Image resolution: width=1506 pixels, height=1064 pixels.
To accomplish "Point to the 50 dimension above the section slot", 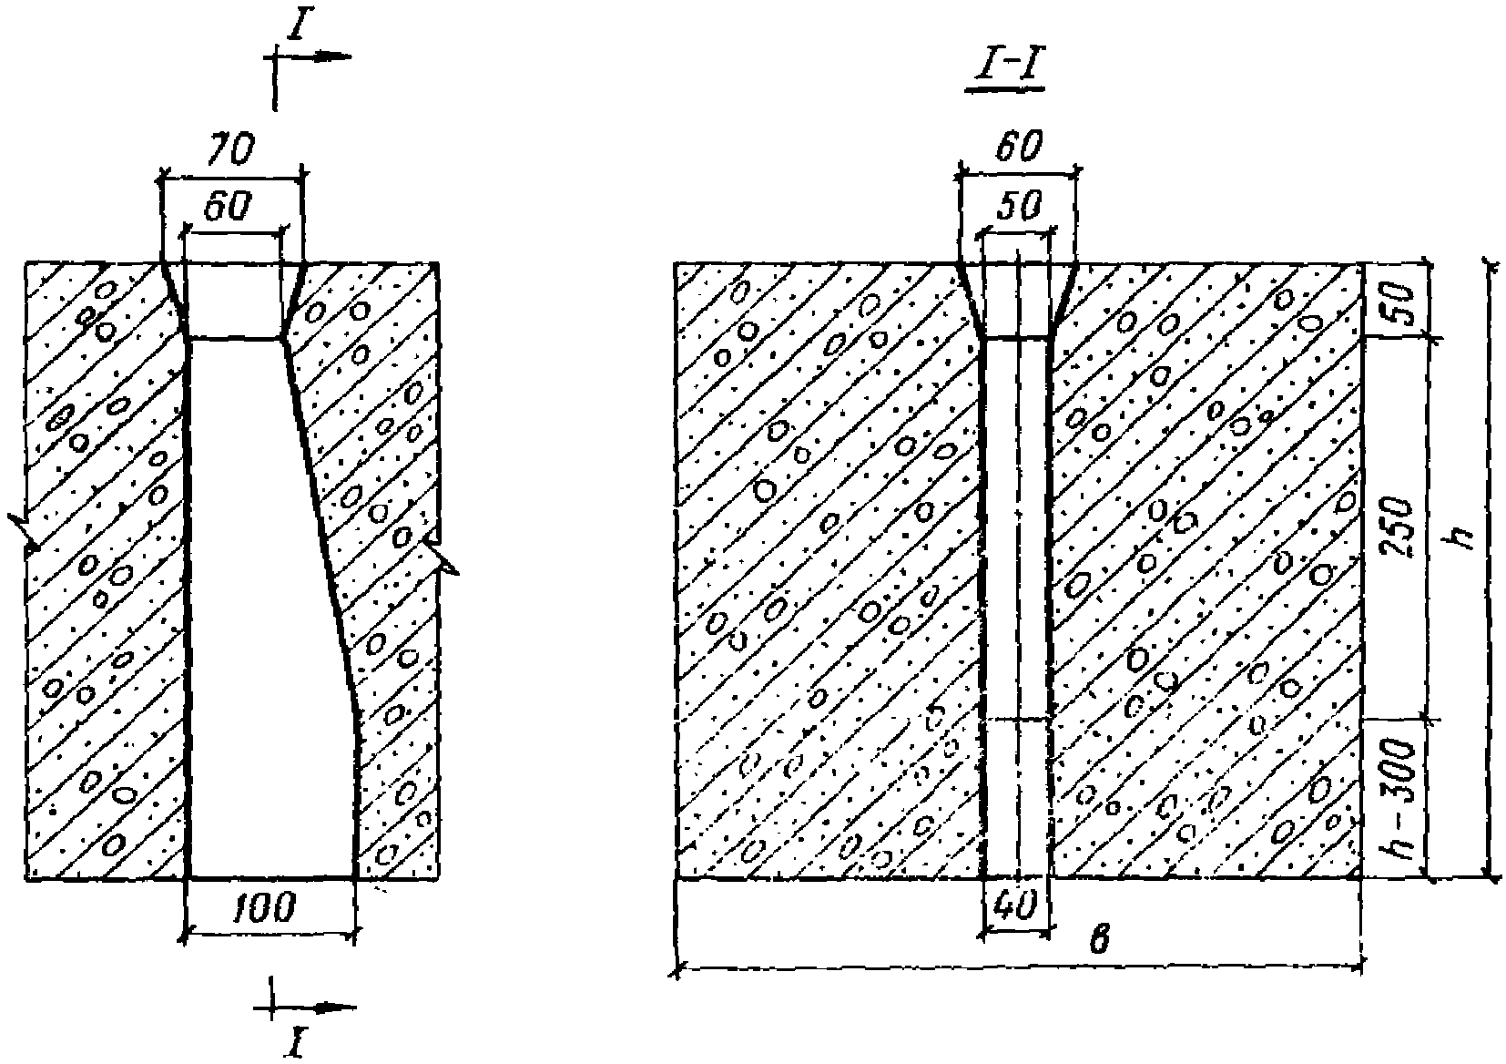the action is point(1018,207).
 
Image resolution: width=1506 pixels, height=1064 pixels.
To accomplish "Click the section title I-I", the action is point(1004,71).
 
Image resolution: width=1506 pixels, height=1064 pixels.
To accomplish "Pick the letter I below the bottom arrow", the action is point(295,1041).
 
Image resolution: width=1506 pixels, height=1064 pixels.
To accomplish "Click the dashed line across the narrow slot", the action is point(1019,720).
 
